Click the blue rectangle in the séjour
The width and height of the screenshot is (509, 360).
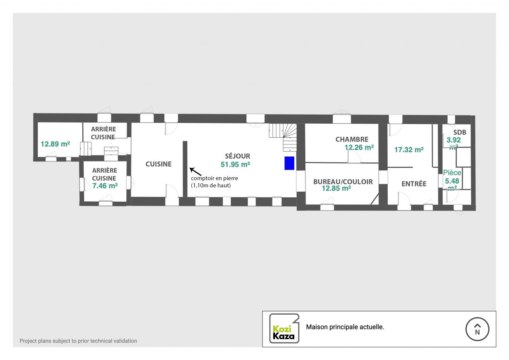click(x=289, y=163)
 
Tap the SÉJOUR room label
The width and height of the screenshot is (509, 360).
click(x=237, y=156)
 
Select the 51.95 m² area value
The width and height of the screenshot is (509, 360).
click(x=235, y=164)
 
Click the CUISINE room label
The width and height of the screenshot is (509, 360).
click(x=158, y=164)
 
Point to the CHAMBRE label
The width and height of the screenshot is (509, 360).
click(x=352, y=140)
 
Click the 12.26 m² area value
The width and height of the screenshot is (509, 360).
click(x=359, y=147)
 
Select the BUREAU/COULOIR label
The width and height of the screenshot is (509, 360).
click(x=343, y=182)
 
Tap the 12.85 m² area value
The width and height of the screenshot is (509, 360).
click(x=336, y=189)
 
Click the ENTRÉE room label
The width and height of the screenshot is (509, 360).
click(x=414, y=184)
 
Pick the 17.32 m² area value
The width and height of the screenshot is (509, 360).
click(x=408, y=150)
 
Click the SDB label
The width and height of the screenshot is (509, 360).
click(x=460, y=132)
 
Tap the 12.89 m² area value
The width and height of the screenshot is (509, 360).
click(x=55, y=144)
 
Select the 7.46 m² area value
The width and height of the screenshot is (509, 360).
click(x=105, y=185)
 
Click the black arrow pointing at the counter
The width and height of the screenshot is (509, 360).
click(x=194, y=171)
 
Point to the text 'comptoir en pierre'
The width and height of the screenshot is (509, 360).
click(x=214, y=178)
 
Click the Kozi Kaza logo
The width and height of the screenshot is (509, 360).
click(x=284, y=329)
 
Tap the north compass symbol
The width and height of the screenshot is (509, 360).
click(x=477, y=329)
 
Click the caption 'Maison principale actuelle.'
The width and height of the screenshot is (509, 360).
click(x=345, y=327)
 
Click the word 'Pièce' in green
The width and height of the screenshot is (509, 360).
click(x=452, y=173)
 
